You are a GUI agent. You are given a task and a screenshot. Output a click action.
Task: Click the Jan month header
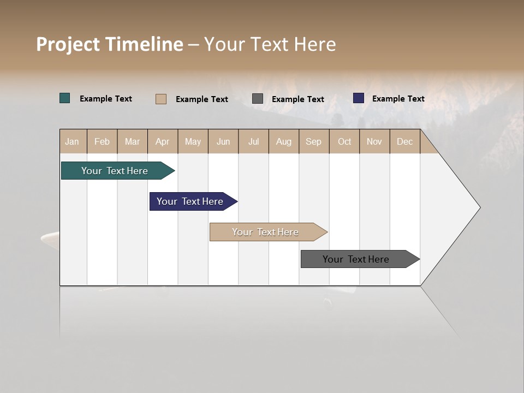(73, 141)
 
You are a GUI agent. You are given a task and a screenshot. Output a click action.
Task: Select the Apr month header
(163, 141)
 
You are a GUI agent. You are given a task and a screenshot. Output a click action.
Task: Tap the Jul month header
(253, 141)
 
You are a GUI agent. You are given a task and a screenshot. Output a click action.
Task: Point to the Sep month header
(313, 141)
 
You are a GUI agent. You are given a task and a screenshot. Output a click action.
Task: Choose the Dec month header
(404, 141)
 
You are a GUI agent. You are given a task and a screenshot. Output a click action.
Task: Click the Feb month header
(102, 141)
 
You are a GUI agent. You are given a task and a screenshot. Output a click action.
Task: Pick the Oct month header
(344, 141)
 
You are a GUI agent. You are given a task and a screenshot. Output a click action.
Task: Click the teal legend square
(65, 98)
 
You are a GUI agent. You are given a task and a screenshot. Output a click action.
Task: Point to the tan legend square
(161, 99)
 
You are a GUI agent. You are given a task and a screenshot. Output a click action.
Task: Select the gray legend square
(258, 99)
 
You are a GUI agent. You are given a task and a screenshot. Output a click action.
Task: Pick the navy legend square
(359, 98)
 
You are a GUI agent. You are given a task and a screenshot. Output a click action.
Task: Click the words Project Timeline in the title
(110, 44)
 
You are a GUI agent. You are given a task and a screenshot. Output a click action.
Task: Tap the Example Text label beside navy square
(398, 99)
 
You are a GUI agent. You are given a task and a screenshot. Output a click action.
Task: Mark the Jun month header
(223, 141)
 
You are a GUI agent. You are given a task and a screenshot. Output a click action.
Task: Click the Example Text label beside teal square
(106, 99)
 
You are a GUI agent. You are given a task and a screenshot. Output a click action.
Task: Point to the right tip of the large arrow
(479, 207)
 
